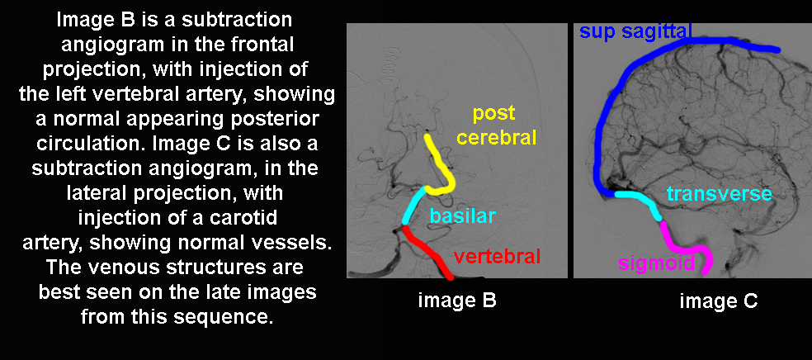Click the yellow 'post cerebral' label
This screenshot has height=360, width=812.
[x=496, y=126]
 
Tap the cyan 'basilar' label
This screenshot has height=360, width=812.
[x=462, y=216]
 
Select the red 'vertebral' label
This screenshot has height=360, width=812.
[x=497, y=256]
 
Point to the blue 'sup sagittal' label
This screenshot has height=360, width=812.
[x=635, y=32]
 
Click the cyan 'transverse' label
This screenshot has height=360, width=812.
[x=720, y=194]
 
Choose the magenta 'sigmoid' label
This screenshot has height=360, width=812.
[x=656, y=263]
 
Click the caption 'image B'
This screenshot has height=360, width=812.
[x=457, y=301]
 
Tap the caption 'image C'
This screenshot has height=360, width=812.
[x=719, y=301]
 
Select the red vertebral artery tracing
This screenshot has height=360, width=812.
[x=427, y=253]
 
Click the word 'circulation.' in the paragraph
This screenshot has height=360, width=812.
[x=90, y=144]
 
